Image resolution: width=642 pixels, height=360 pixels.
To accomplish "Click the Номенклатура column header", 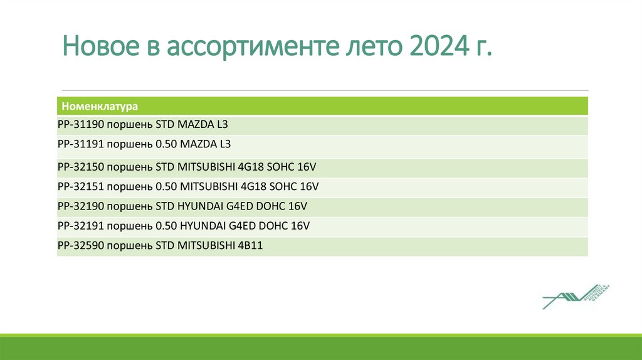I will pyautogui.click(x=100, y=107).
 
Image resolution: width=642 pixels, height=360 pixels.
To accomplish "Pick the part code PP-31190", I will pyautogui.click(x=80, y=125).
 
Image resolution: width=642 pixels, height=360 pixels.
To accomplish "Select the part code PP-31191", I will pyautogui.click(x=80, y=144).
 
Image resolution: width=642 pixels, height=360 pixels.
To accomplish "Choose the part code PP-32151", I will pyautogui.click(x=80, y=186).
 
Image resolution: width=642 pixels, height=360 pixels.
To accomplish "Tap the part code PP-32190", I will pyautogui.click(x=80, y=205).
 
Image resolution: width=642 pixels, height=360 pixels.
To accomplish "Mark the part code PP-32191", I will pyautogui.click(x=80, y=225).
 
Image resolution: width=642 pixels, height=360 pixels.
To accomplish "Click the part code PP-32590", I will pyautogui.click(x=80, y=246).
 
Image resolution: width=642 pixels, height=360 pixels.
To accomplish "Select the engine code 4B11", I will pyautogui.click(x=250, y=246).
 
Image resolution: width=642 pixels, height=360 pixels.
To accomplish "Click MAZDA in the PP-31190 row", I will pyautogui.click(x=197, y=125).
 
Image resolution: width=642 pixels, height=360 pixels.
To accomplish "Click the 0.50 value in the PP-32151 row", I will pyautogui.click(x=166, y=186).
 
